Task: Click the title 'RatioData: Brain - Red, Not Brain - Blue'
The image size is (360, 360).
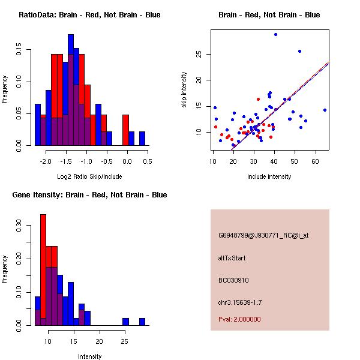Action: point(89,15)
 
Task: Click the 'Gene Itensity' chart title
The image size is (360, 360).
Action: point(89,195)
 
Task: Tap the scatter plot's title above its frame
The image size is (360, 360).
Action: point(269,15)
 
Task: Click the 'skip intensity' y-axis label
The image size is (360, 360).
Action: point(185,90)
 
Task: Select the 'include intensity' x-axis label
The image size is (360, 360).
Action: point(269,176)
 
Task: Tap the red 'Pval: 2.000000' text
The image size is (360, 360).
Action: point(239,319)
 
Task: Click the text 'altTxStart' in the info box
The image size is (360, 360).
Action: point(232,258)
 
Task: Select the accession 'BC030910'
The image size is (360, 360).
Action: point(233,280)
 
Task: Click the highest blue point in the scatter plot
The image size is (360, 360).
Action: point(275,34)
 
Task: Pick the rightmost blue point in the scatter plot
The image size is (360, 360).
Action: point(325,110)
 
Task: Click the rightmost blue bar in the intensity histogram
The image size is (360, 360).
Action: point(142,322)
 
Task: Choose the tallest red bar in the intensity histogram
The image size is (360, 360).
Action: point(43,270)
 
